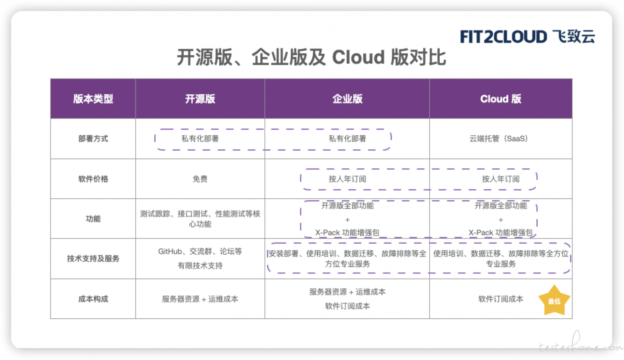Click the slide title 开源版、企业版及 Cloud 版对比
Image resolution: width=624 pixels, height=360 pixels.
(311, 58)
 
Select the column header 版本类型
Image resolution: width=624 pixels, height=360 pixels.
(93, 99)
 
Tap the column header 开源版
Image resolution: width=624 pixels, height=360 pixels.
(200, 99)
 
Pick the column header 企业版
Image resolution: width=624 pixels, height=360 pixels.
(347, 99)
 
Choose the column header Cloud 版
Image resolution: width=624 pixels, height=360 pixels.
(501, 99)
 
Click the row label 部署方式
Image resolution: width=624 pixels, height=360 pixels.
(93, 139)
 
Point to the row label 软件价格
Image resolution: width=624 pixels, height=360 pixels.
(93, 179)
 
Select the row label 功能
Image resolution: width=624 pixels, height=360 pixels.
(93, 219)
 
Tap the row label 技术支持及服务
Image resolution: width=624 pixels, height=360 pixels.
(93, 259)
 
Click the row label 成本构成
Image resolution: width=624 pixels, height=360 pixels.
(93, 299)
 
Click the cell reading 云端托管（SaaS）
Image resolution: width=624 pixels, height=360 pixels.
(499, 139)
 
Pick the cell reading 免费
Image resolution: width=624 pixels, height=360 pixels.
(200, 179)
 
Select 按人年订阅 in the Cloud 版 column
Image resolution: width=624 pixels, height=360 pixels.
(501, 179)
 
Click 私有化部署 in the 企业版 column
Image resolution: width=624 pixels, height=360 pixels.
(347, 139)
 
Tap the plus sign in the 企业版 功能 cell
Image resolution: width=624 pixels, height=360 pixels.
(347, 220)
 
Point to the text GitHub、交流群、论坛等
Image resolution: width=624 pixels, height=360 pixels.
(200, 251)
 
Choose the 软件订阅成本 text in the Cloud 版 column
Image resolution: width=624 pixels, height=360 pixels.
(501, 299)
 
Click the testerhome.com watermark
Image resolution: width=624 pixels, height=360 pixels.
(580, 345)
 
